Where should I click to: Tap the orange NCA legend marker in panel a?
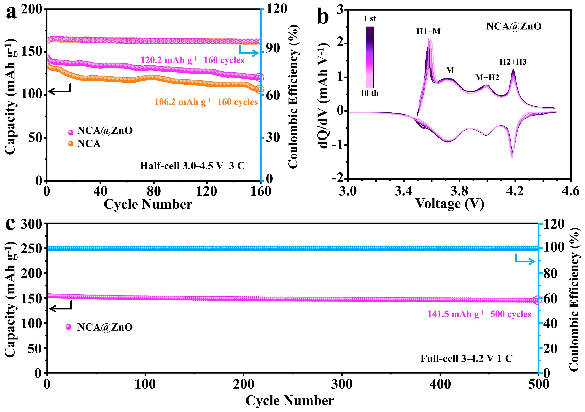click(x=71, y=144)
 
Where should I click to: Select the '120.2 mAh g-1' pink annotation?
click(x=168, y=60)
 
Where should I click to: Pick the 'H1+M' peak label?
click(x=428, y=31)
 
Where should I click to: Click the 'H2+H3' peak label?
click(x=513, y=62)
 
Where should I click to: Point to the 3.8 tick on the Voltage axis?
click(x=459, y=191)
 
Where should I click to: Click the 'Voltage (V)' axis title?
click(x=450, y=204)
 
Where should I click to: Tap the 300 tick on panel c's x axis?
click(x=342, y=384)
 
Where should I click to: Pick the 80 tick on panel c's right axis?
click(x=550, y=274)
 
